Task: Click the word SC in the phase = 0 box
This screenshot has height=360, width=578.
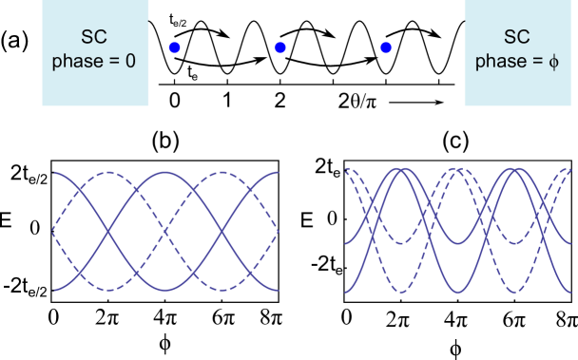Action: [x=95, y=38]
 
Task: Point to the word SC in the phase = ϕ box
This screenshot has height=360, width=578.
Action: [x=517, y=38]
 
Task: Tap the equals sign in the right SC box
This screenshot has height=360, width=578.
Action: [x=535, y=63]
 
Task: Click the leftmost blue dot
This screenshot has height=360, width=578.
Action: [x=174, y=47]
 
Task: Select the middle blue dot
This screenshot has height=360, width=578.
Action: [x=279, y=47]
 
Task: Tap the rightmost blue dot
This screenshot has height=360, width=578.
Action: [x=385, y=47]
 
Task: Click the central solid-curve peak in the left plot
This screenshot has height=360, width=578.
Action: [x=165, y=173]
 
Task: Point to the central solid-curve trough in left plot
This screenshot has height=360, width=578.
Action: [x=165, y=289]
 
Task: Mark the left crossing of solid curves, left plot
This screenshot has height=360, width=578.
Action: [x=109, y=231]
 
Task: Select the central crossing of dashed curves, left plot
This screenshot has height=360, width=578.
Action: [x=165, y=231]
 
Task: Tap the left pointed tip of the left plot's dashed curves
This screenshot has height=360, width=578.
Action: [x=53, y=231]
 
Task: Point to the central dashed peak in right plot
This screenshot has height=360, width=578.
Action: [x=461, y=171]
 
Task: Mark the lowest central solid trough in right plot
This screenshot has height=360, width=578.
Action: [x=461, y=290]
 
